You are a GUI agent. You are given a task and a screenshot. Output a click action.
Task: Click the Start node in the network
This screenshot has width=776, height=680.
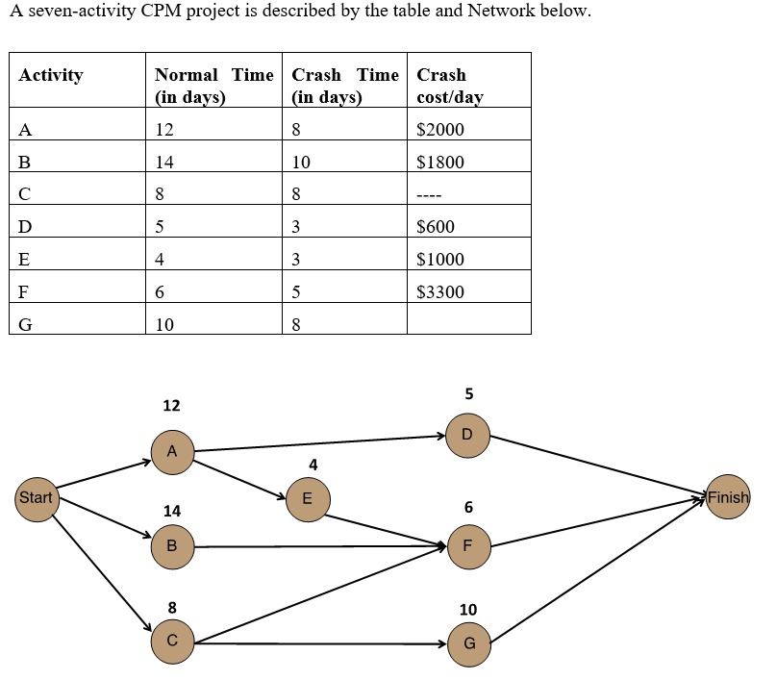[x=37, y=498]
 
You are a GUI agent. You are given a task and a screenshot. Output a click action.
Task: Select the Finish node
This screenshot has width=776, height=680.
[x=728, y=497]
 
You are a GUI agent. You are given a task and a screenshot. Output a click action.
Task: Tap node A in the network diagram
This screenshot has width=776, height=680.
[x=172, y=451]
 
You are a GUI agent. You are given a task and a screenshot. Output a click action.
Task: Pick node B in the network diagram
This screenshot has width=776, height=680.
[x=172, y=546]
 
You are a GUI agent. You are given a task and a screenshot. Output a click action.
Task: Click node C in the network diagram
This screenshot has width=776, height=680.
[x=172, y=640]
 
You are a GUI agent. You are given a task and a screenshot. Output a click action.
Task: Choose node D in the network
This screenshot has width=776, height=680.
[x=468, y=435]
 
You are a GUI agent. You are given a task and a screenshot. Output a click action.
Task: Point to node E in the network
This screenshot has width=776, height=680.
[x=307, y=498]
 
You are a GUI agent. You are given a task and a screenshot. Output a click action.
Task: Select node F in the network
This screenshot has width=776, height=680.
[x=468, y=545]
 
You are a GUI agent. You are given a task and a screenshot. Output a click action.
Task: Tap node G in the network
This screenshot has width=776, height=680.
[x=468, y=643]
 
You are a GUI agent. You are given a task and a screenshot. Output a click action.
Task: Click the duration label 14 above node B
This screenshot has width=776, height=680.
[x=171, y=511]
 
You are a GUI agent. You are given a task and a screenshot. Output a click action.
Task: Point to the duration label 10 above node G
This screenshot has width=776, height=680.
[x=468, y=610]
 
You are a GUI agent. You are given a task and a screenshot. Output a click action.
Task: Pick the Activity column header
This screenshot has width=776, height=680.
[x=51, y=75]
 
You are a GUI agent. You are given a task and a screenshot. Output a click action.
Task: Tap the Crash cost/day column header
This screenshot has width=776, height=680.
[x=450, y=86]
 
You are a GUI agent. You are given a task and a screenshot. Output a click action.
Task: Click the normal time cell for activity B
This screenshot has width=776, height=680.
[x=164, y=163]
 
